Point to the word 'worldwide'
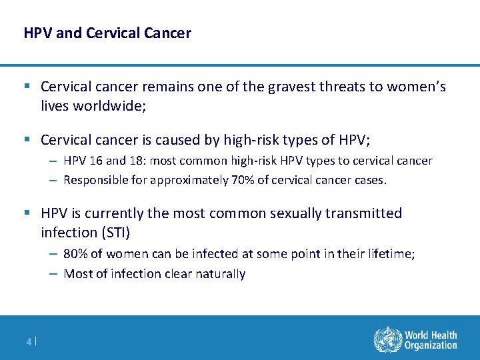[105, 105]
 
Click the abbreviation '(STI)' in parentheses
[113, 232]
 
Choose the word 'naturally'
[221, 273]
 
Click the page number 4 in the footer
[29, 342]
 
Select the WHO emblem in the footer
[386, 339]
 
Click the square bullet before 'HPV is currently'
[27, 213]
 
